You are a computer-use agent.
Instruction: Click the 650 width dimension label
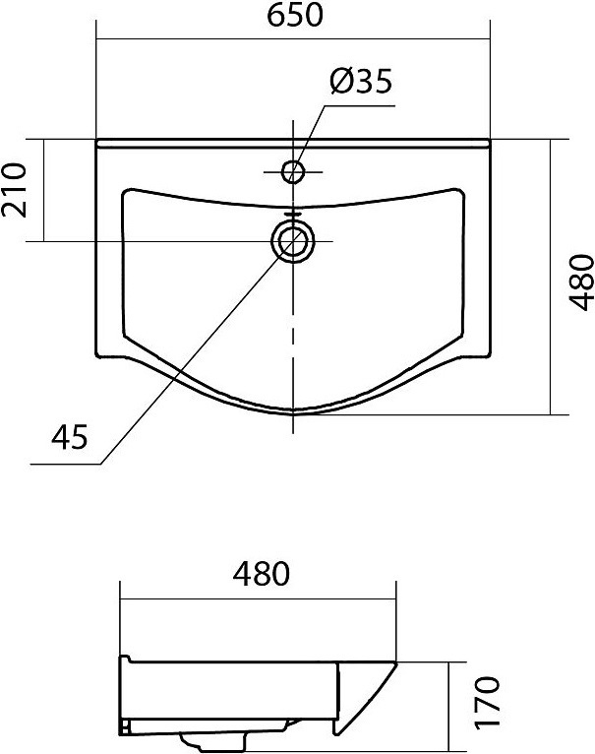tap(295, 16)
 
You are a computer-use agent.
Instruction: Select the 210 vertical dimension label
tap(14, 190)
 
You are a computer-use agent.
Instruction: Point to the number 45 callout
tap(70, 437)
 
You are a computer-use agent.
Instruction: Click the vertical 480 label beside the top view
tap(581, 283)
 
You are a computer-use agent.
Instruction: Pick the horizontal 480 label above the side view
tap(262, 574)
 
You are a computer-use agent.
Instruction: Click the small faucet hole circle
tap(293, 171)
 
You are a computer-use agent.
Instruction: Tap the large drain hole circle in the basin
tap(293, 241)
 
